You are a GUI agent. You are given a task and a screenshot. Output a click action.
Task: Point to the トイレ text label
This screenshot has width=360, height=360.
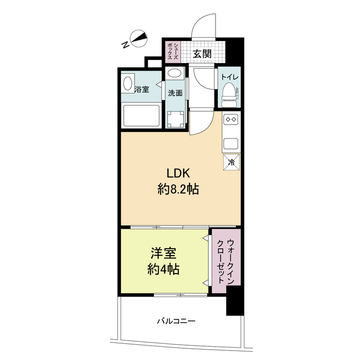point(229,77)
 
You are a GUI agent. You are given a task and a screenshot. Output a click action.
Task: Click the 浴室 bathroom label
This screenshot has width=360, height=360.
point(142,89)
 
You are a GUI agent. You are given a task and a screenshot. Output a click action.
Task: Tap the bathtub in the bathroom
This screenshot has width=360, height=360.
point(141,116)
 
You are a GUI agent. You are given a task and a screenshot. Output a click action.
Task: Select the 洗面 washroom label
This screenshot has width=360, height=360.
point(175,93)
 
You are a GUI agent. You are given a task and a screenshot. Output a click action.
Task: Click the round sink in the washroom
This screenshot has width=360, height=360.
point(175,73)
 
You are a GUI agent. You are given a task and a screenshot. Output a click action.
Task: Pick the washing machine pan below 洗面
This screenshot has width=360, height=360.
point(175,118)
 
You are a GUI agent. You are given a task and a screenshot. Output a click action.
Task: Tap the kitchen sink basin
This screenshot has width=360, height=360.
point(231,144)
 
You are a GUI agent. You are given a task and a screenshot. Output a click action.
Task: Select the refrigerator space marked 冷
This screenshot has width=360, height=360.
point(232,162)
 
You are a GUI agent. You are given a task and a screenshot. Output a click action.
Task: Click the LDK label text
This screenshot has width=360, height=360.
point(180,173)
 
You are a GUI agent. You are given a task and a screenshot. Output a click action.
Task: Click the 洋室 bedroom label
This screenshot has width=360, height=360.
point(163,253)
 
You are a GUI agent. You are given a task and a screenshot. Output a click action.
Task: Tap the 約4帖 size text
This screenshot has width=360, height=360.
point(163,269)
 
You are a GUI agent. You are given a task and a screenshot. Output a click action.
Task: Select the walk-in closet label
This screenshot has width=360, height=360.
point(225,261)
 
